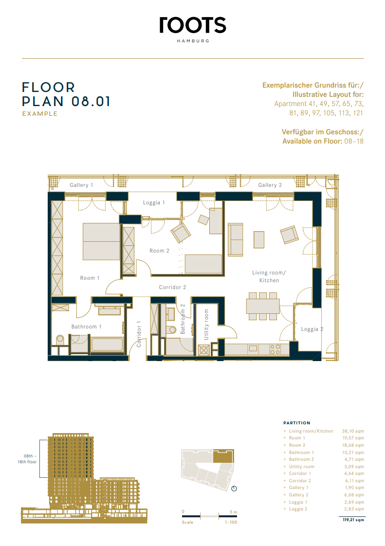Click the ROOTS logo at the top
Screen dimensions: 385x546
[193, 25]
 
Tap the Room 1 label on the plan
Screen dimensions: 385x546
[90, 278]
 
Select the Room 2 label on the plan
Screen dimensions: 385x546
[159, 251]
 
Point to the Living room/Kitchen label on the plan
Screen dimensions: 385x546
[269, 276]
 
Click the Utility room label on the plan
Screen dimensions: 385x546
[206, 325]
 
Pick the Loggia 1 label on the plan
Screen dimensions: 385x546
[154, 202]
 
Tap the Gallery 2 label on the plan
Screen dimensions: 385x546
[270, 185]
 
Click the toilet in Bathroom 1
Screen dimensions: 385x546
[60, 340]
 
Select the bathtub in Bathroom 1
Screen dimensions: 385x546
[107, 344]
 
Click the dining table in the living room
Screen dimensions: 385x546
[263, 307]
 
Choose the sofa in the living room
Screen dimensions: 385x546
[235, 240]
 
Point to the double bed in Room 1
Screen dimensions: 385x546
[101, 241]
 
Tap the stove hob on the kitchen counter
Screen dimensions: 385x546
[275, 349]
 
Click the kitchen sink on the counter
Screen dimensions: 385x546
[253, 348]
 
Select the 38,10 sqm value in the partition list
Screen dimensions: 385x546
[353, 431]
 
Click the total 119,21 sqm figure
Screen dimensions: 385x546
[353, 520]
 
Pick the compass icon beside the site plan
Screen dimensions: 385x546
[234, 489]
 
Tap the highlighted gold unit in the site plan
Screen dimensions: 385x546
[223, 456]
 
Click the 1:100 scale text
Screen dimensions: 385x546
[231, 522]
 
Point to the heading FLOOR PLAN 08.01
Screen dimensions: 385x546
[66, 94]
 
